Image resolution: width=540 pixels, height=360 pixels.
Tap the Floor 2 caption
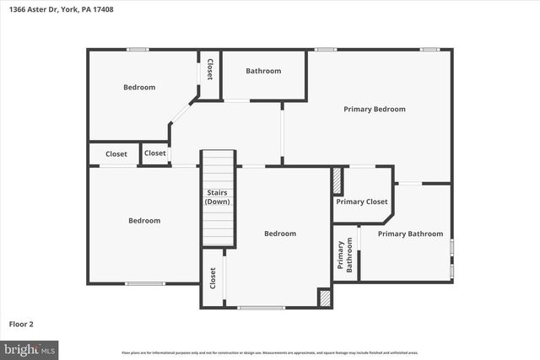[21, 323]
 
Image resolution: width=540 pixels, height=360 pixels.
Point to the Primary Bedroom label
[374, 109]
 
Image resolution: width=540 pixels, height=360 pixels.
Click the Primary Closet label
[362, 201]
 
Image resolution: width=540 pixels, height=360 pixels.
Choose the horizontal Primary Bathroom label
[410, 234]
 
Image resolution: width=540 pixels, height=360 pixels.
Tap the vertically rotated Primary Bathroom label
[345, 256]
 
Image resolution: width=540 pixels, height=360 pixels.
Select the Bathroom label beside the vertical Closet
[263, 71]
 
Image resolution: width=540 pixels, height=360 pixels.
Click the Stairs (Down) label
[218, 197]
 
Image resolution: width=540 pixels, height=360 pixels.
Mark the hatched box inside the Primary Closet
[337, 181]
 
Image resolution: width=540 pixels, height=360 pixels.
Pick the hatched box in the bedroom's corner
[324, 298]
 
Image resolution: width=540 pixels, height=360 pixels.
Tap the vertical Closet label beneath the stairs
[213, 278]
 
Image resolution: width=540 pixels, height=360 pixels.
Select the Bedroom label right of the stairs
[280, 234]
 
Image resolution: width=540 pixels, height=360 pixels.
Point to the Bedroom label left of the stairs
[144, 221]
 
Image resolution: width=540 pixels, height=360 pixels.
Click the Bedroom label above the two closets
[139, 87]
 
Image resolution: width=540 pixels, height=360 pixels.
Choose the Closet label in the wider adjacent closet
[116, 154]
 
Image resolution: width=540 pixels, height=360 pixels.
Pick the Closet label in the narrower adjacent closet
[155, 153]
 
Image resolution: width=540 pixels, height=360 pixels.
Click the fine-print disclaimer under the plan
[269, 352]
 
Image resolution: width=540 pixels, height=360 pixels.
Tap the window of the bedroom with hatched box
[261, 307]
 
